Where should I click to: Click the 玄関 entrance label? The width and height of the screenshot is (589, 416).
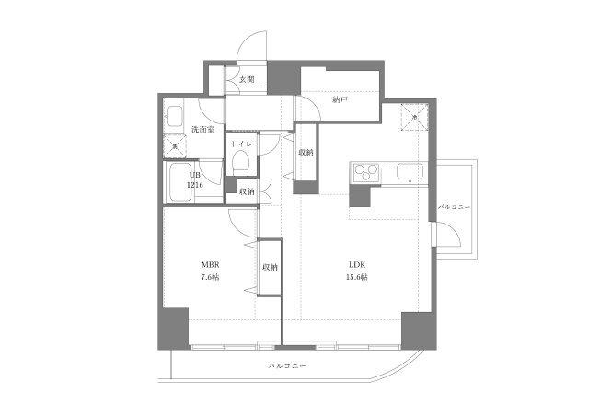(247, 80)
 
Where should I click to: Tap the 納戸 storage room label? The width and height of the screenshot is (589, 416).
(340, 98)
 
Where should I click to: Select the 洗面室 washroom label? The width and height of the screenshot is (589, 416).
(203, 130)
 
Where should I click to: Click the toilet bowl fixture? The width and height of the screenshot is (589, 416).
(240, 163)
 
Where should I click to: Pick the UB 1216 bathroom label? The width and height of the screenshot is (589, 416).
(194, 179)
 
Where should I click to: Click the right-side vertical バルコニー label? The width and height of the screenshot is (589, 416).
(455, 207)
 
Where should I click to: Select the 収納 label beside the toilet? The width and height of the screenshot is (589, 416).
(247, 192)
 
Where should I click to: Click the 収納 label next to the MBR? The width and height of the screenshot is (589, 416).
(270, 267)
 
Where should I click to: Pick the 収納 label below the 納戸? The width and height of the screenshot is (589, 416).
(306, 153)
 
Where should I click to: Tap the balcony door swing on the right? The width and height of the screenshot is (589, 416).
(449, 237)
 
